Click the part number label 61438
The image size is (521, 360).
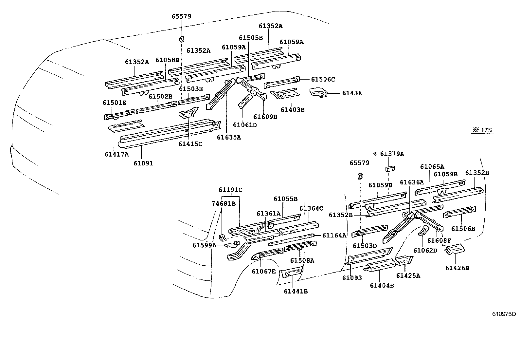click(352, 93)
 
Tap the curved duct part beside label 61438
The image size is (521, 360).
click(318, 92)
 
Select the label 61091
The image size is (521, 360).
click(143, 163)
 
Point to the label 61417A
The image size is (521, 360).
click(117, 154)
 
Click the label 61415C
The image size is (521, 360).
click(190, 143)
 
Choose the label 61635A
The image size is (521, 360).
click(229, 137)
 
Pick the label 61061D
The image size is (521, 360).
click(245, 125)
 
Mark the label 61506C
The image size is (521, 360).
click(323, 79)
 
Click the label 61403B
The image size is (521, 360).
click(292, 110)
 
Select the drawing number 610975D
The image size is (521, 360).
click(504, 314)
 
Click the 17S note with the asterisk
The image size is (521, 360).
click(483, 130)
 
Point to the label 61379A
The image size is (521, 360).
click(392, 154)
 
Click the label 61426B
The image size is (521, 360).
click(457, 268)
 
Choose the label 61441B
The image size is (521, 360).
click(296, 291)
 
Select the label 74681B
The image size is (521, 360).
click(224, 203)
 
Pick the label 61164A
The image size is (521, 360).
click(334, 235)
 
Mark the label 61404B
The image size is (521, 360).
click(382, 285)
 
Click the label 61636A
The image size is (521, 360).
click(412, 182)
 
